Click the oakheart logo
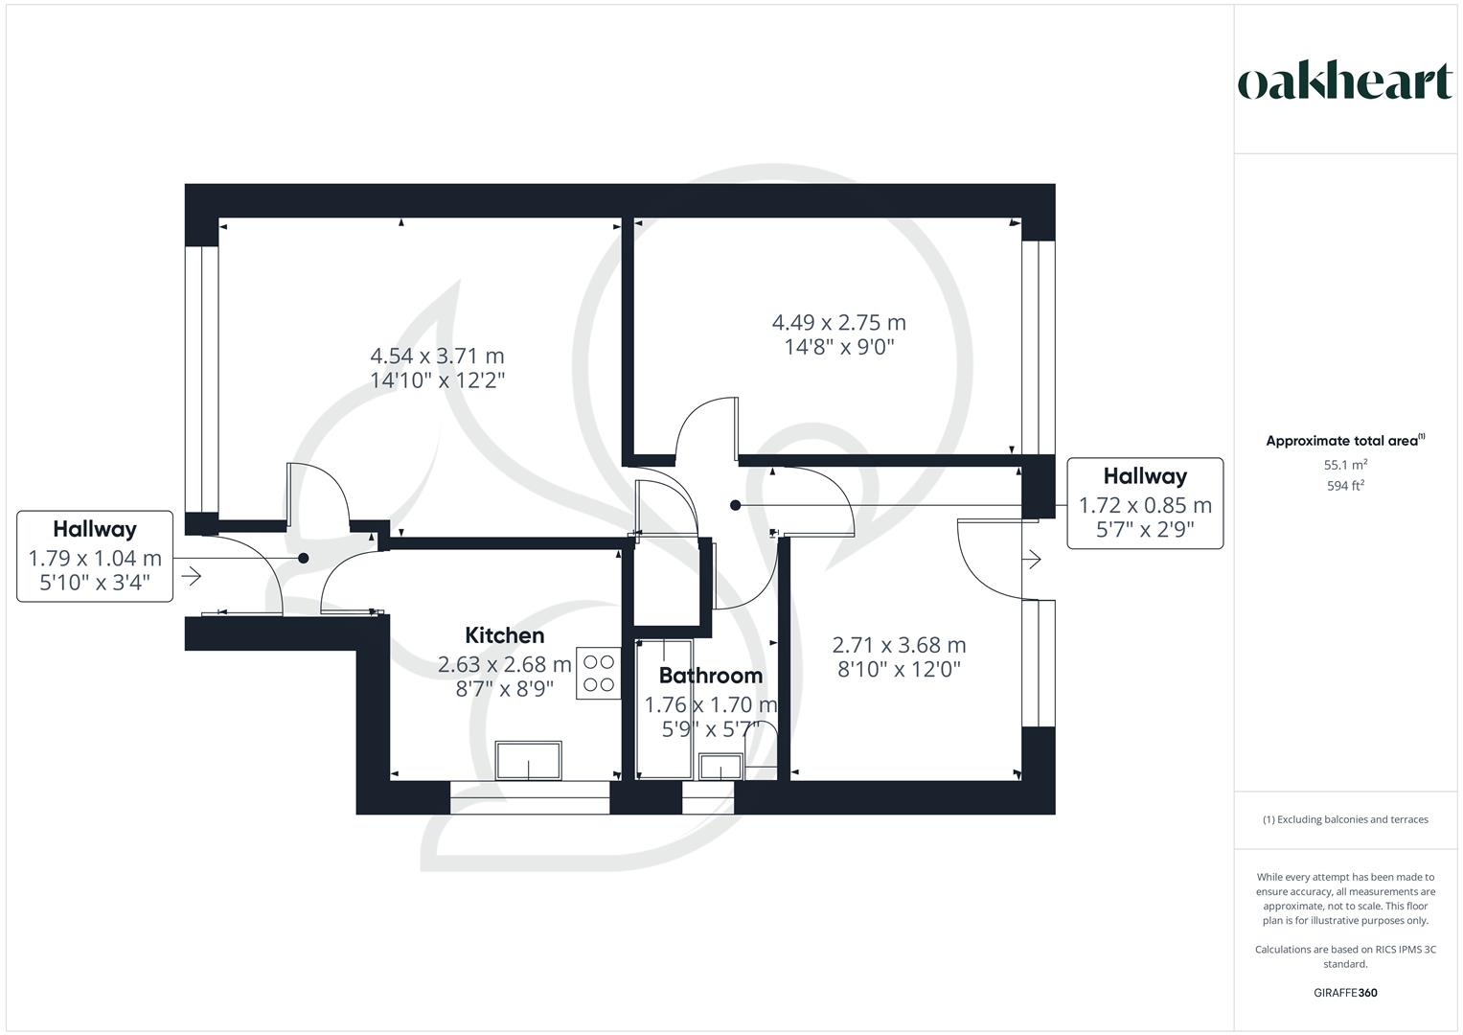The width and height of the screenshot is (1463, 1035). [x=1344, y=81]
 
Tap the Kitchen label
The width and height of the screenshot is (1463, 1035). [x=504, y=635]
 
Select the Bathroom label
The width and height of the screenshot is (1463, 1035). [x=710, y=676]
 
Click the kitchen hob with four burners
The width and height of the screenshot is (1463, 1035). [x=599, y=673]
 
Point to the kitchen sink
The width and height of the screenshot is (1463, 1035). [x=529, y=761]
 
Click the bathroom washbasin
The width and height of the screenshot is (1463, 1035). [x=720, y=768]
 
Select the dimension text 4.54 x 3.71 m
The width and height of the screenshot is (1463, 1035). [x=437, y=356]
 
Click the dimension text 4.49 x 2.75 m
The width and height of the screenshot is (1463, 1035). [x=838, y=323]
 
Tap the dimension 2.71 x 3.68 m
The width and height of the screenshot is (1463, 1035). [x=899, y=645]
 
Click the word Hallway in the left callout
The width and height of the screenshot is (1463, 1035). [x=95, y=529]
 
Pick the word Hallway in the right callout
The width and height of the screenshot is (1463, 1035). [x=1145, y=476]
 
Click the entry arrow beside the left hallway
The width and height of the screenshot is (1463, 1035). [x=191, y=576]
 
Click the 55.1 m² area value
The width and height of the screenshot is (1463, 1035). [x=1345, y=465]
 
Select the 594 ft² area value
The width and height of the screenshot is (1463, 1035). [x=1345, y=485]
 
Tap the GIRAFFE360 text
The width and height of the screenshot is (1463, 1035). [x=1345, y=993]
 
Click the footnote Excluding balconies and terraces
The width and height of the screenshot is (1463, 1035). [x=1345, y=819]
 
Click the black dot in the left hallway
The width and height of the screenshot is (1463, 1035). [x=304, y=558]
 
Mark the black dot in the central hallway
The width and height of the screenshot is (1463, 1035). [x=735, y=505]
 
